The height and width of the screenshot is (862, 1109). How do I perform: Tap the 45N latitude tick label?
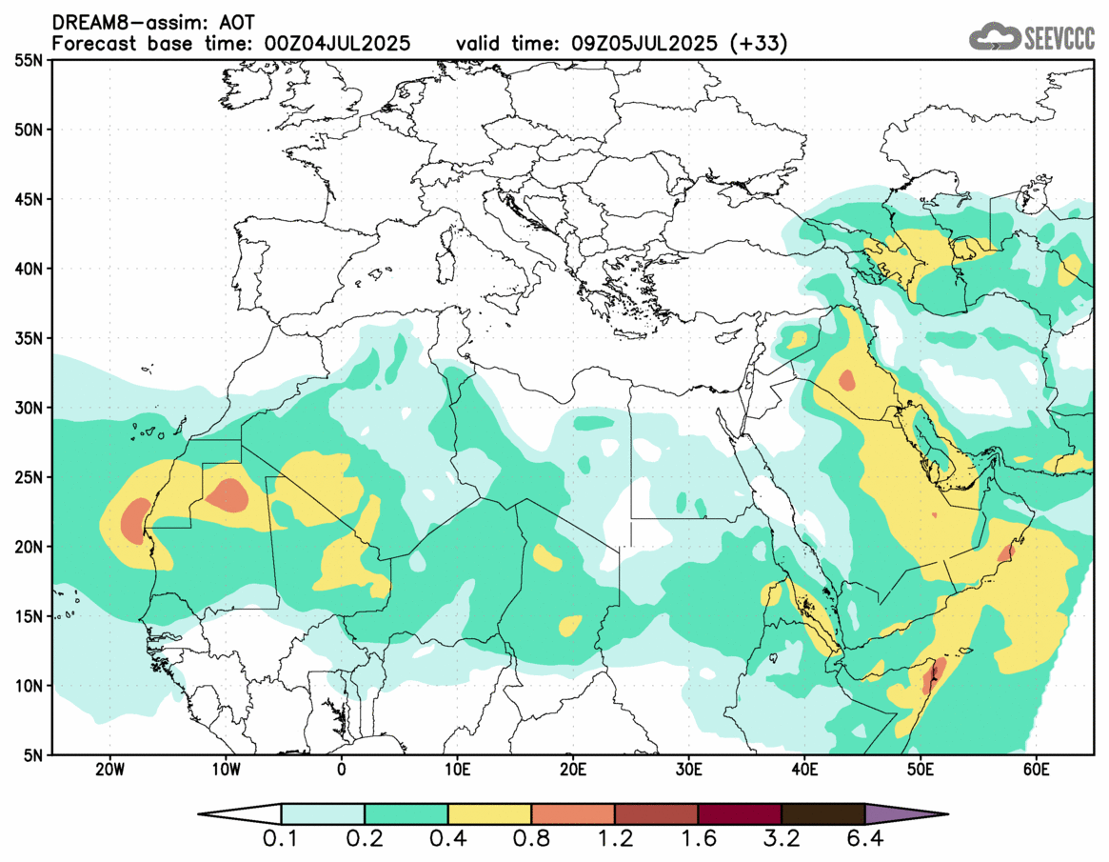click(29, 199)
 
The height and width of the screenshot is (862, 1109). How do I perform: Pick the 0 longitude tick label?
click(342, 768)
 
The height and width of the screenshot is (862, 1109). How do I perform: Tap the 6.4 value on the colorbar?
click(864, 840)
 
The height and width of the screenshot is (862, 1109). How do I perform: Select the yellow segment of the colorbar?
click(489, 814)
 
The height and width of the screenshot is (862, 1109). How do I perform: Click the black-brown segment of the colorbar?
click(822, 814)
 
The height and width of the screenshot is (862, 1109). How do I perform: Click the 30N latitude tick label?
click(29, 408)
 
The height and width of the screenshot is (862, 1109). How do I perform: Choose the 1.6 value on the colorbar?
click(698, 840)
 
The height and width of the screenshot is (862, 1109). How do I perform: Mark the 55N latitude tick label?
click(29, 60)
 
